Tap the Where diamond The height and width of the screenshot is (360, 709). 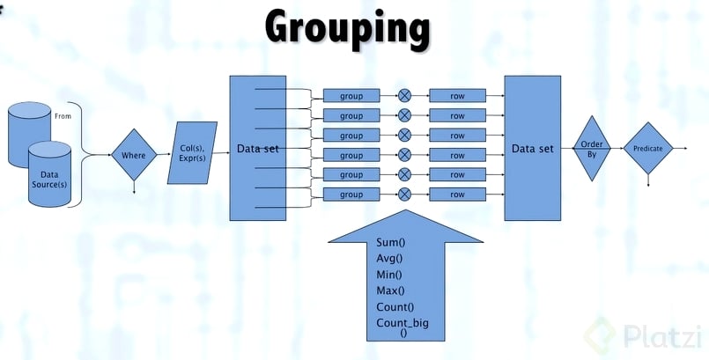tap(133, 155)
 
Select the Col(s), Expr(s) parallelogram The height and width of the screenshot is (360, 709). tap(192, 153)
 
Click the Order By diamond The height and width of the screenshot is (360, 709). tap(592, 149)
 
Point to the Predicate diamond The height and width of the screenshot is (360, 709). tap(647, 150)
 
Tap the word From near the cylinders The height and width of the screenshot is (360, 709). tap(86, 114)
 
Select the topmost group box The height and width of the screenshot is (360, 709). tap(351, 95)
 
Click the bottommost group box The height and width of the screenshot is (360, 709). tap(351, 194)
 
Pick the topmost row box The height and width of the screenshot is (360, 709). tap(457, 95)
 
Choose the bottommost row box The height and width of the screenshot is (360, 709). tap(457, 194)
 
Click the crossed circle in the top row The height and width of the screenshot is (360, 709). tap(404, 95)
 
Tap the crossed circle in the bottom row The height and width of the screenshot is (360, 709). tap(404, 194)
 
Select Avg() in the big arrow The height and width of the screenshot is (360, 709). tap(388, 258)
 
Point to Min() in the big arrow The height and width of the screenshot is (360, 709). tap(388, 275)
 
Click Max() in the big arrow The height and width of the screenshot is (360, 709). tap(388, 290)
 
